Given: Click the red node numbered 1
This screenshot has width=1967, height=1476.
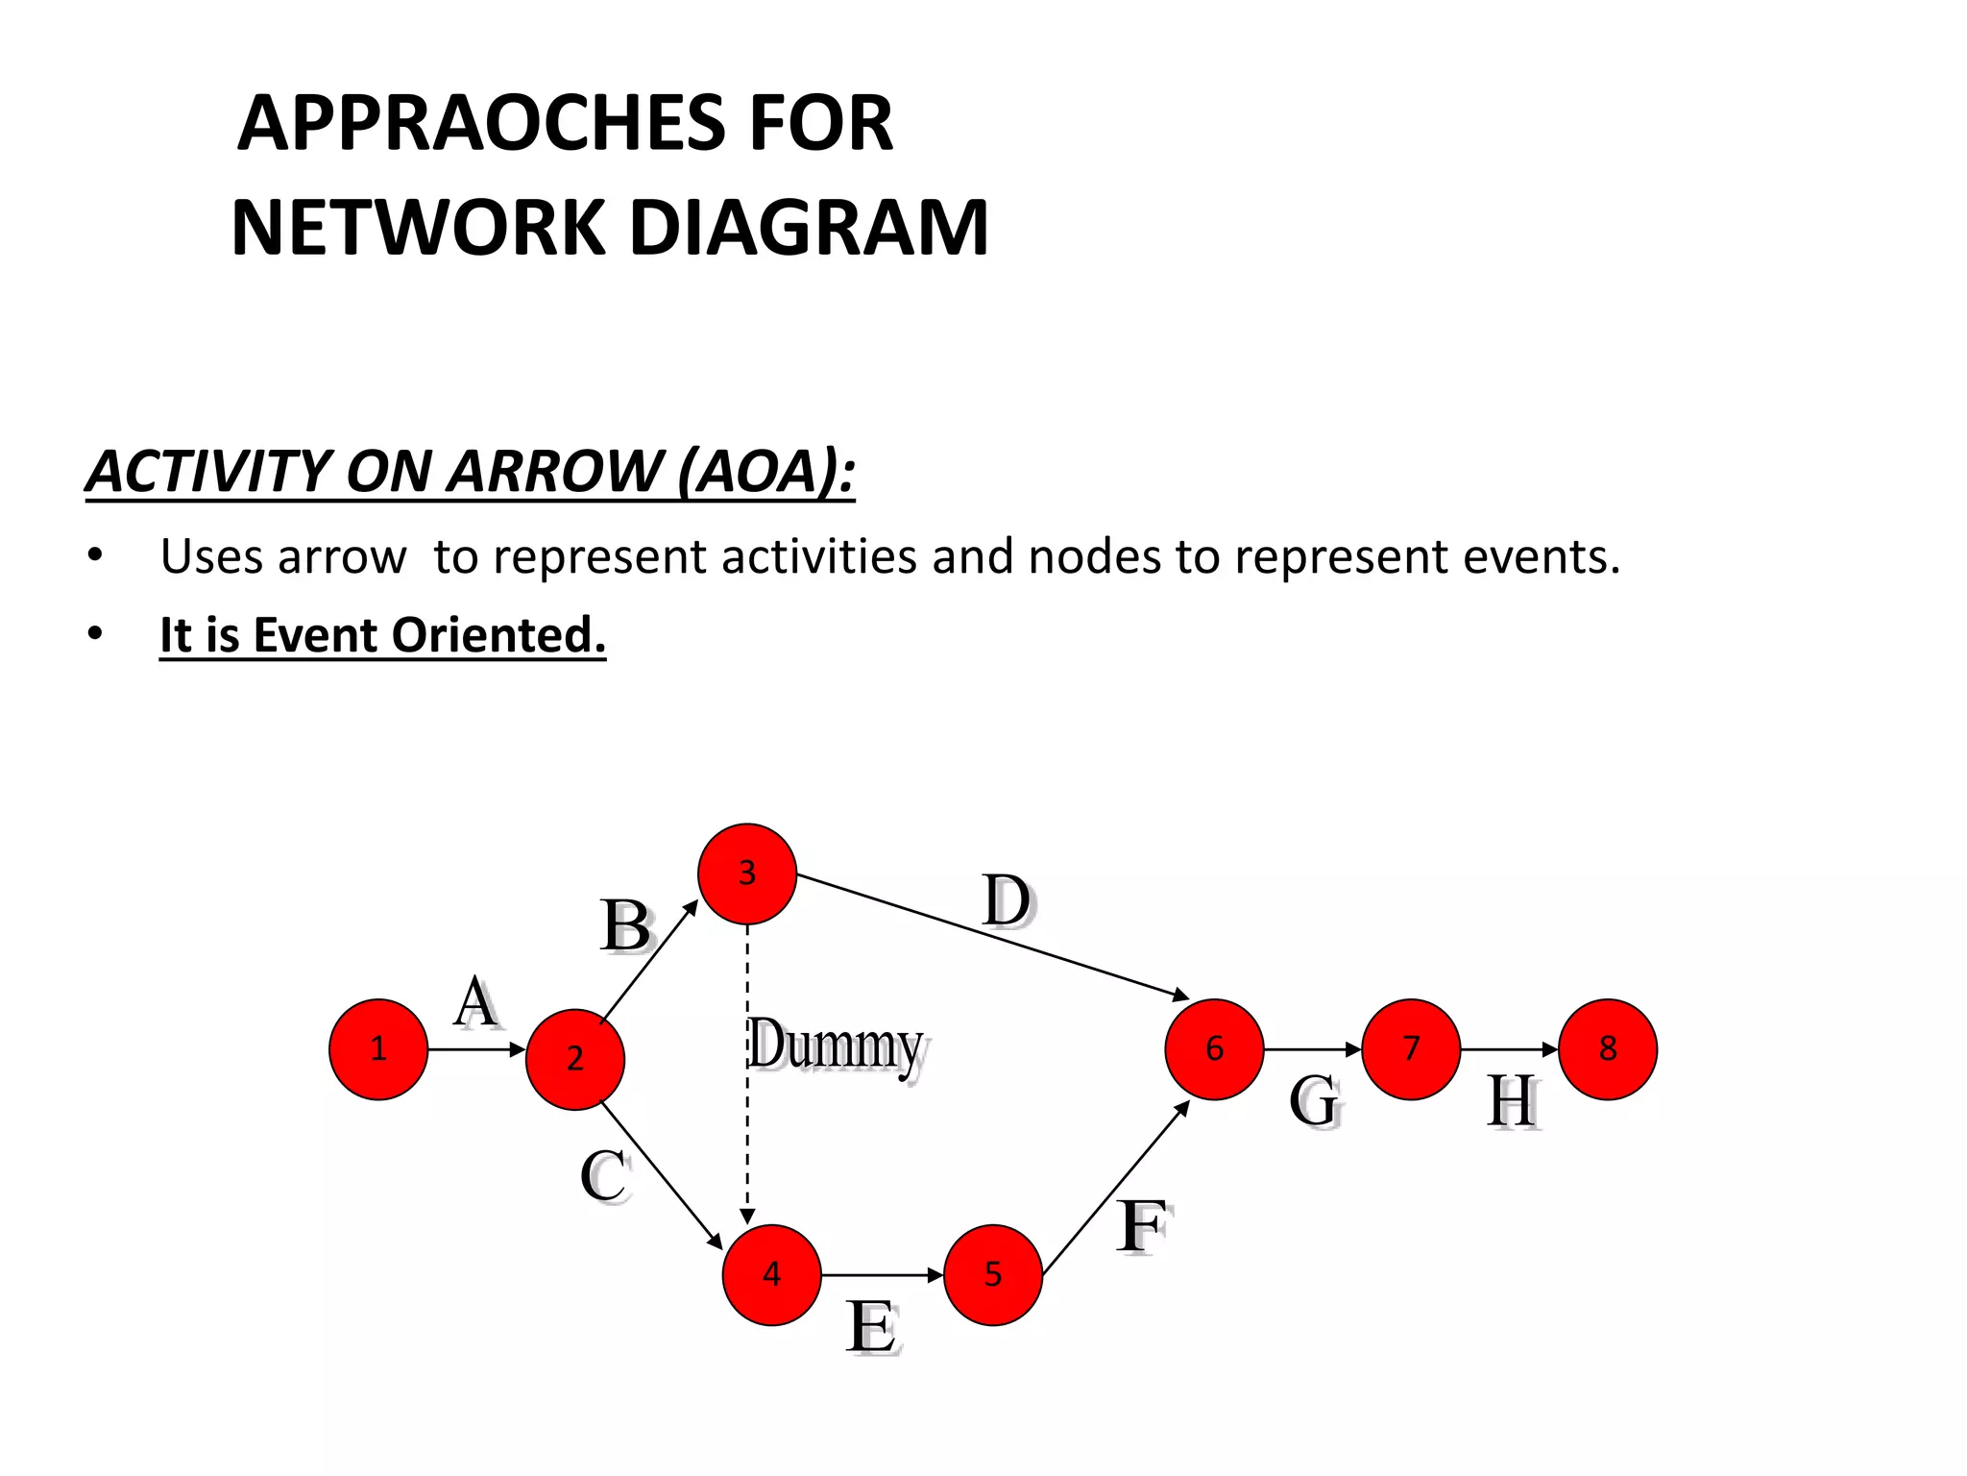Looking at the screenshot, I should (377, 1048).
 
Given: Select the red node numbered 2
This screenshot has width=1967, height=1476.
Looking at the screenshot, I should (574, 1059).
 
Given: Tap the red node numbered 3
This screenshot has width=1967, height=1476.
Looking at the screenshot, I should (746, 873).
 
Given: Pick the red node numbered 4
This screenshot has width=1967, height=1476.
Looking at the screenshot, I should (771, 1275).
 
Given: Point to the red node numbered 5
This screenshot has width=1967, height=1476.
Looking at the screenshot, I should (992, 1275).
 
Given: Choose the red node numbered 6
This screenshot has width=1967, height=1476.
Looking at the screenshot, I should (1214, 1048).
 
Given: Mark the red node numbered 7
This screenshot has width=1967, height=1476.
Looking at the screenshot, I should (1411, 1048).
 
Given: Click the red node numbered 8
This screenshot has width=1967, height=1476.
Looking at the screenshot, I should (1608, 1048).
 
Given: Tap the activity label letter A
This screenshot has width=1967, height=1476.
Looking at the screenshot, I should (476, 1002).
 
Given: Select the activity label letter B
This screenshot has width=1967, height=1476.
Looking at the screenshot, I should (625, 926).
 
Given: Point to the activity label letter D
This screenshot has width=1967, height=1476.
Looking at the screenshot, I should (1007, 901).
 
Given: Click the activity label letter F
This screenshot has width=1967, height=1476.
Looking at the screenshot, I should (1143, 1226).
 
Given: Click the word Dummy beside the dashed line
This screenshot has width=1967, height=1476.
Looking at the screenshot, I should (836, 1045).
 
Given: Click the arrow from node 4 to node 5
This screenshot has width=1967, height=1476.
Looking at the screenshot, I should (882, 1275).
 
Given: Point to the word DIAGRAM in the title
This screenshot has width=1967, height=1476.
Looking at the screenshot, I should (809, 228).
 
